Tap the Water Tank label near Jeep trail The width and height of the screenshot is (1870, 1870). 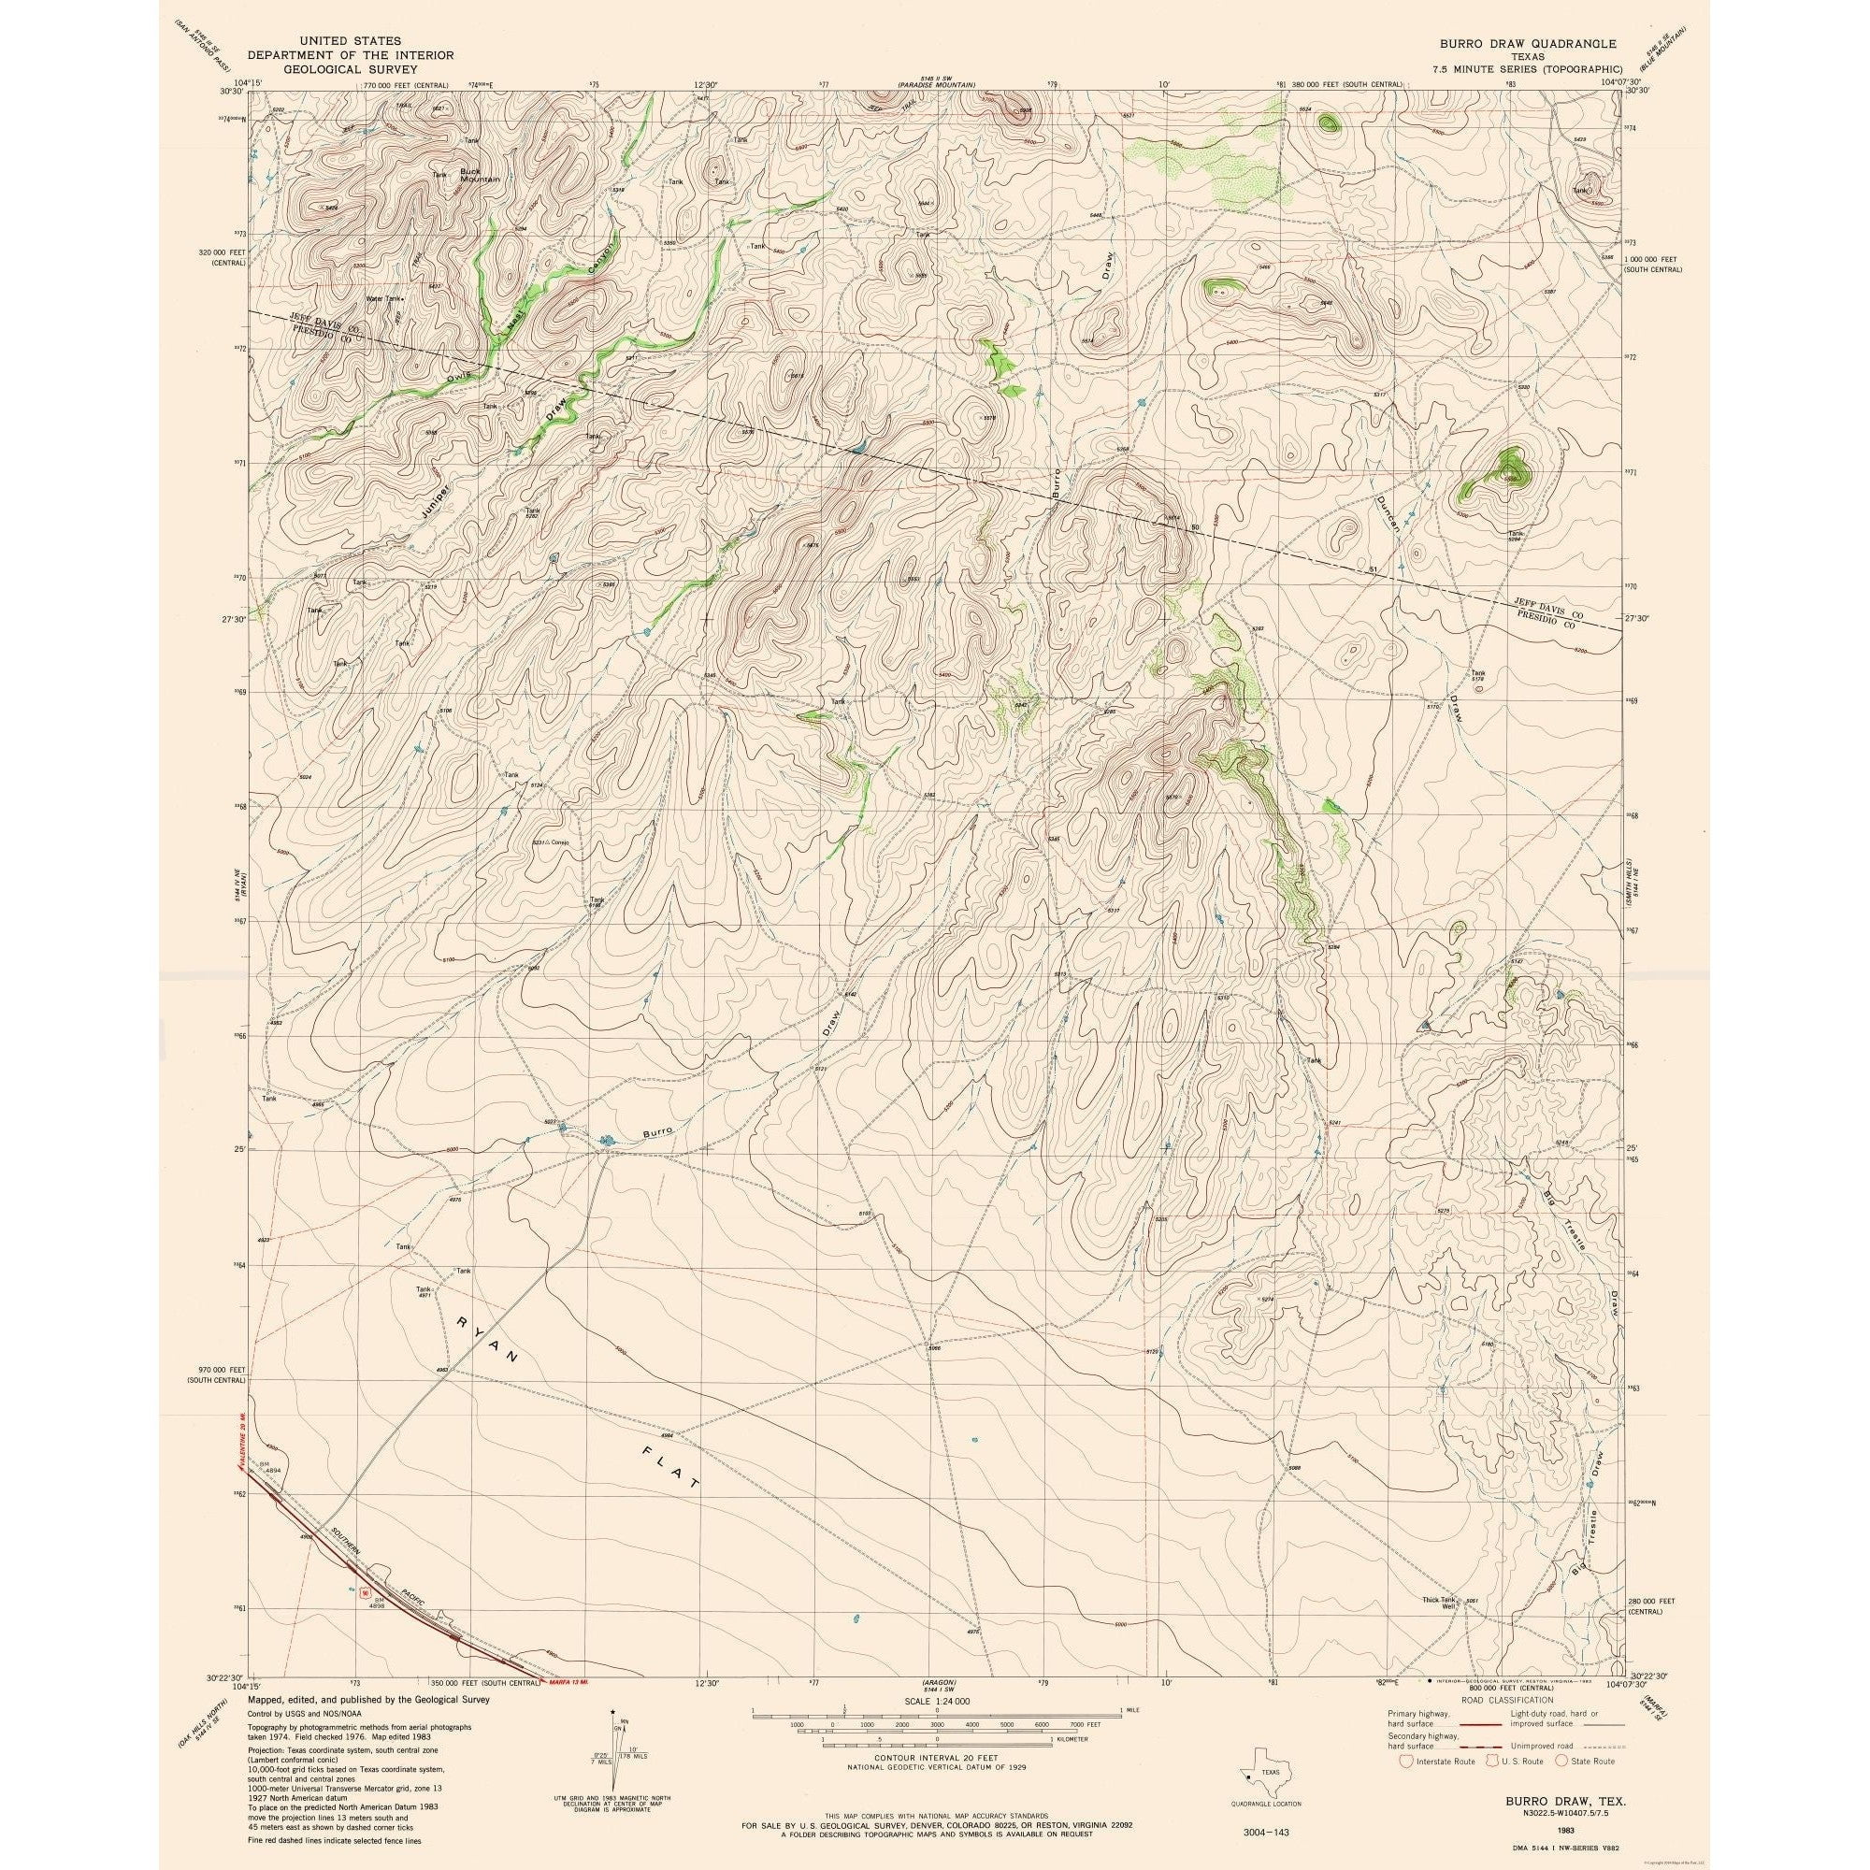tap(382, 298)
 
